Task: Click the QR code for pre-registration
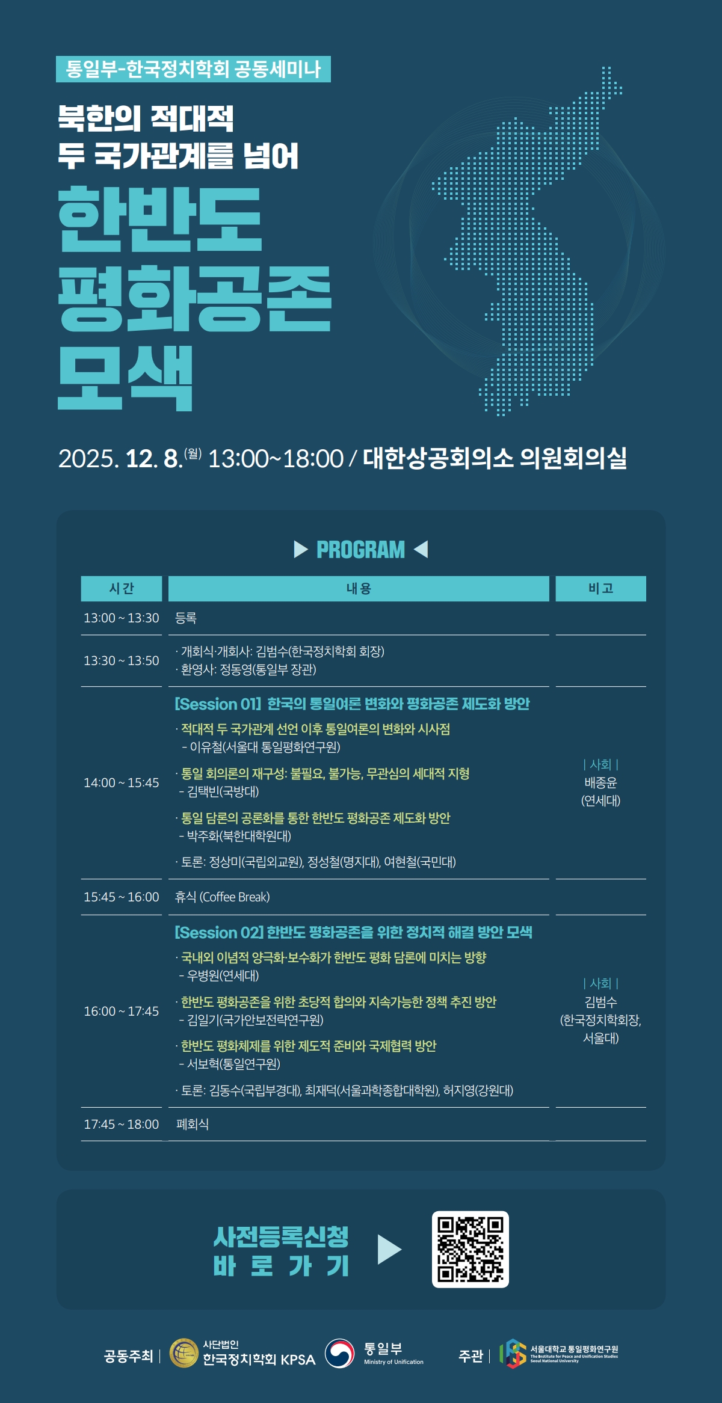click(471, 1249)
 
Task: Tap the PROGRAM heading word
click(361, 550)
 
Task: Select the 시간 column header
click(122, 589)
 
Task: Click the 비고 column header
click(600, 589)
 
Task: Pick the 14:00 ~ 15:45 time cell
click(122, 782)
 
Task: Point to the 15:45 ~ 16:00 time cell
click(122, 897)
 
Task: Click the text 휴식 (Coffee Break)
click(222, 897)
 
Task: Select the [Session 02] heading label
click(219, 933)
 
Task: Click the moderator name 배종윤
click(600, 782)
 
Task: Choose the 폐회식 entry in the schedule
click(193, 1124)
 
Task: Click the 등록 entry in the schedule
click(186, 618)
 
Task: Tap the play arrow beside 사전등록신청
click(389, 1250)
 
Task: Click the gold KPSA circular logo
click(184, 1353)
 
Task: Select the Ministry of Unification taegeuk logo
click(340, 1353)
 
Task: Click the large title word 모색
click(125, 378)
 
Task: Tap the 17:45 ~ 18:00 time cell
click(122, 1124)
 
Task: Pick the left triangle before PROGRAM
click(300, 549)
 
